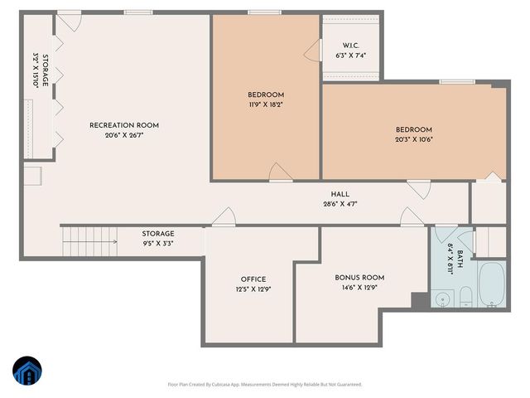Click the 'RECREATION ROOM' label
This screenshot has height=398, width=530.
pyautogui.click(x=124, y=125)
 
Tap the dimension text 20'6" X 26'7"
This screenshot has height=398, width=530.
pyautogui.click(x=124, y=135)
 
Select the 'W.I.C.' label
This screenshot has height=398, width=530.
pyautogui.click(x=349, y=46)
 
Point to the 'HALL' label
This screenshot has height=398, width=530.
pyautogui.click(x=340, y=194)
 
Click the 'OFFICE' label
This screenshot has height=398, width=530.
pyautogui.click(x=253, y=279)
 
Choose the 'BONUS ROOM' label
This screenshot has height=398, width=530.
pyautogui.click(x=359, y=278)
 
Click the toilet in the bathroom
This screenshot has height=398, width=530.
pyautogui.click(x=465, y=297)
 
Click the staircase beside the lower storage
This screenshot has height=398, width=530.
pyautogui.click(x=83, y=243)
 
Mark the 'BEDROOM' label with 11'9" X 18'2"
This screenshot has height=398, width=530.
pyautogui.click(x=266, y=95)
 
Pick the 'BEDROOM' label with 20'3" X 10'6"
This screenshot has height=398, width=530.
pyautogui.click(x=414, y=129)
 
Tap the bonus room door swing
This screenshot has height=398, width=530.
pyautogui.click(x=411, y=217)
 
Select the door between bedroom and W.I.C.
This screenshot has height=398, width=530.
pyautogui.click(x=313, y=51)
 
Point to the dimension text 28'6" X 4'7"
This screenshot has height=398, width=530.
pyautogui.click(x=340, y=204)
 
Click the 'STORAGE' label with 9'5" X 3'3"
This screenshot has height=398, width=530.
pyautogui.click(x=157, y=235)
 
